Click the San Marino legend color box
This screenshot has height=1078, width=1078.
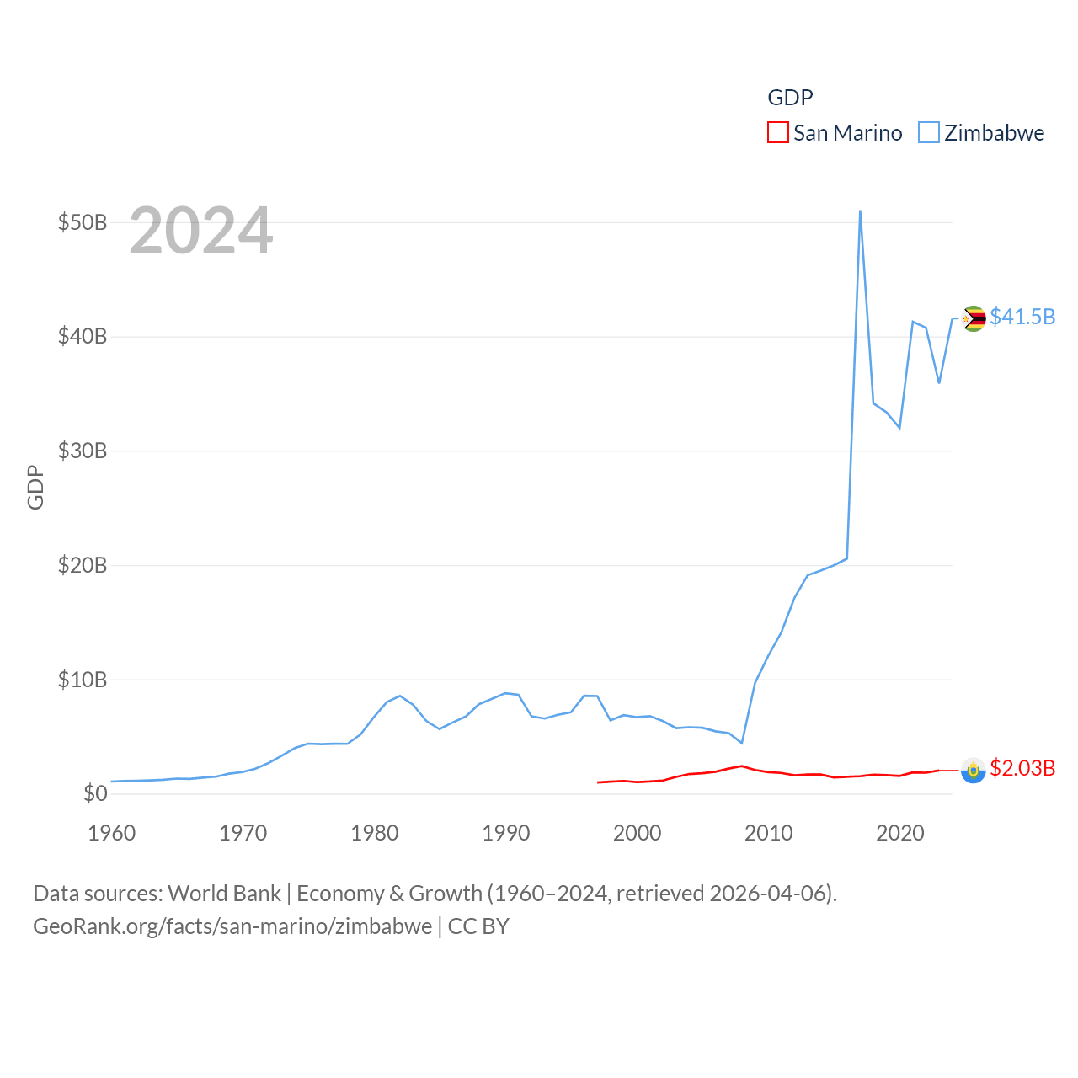778,133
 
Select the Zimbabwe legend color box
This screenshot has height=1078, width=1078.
929,133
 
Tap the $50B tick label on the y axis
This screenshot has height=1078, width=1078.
83,223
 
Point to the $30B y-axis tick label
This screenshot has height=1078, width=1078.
83,451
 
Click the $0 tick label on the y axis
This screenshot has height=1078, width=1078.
95,794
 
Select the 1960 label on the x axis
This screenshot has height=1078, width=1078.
112,834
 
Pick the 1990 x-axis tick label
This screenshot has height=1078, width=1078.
506,834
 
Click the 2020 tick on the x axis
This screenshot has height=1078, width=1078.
900,834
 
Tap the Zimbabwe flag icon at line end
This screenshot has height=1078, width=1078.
974,318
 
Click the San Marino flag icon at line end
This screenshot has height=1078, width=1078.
974,770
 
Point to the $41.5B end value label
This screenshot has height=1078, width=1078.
1022,317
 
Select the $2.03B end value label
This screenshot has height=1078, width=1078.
1022,768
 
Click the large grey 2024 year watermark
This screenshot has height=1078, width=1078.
201,231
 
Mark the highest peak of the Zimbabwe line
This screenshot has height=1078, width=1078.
860,211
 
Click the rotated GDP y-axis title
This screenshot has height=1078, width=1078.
35,487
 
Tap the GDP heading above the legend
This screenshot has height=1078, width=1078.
790,98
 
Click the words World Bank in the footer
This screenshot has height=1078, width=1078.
225,894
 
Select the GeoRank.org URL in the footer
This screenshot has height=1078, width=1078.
232,926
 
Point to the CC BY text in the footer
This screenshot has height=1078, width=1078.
478,926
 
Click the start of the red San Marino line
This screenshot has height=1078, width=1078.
598,782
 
